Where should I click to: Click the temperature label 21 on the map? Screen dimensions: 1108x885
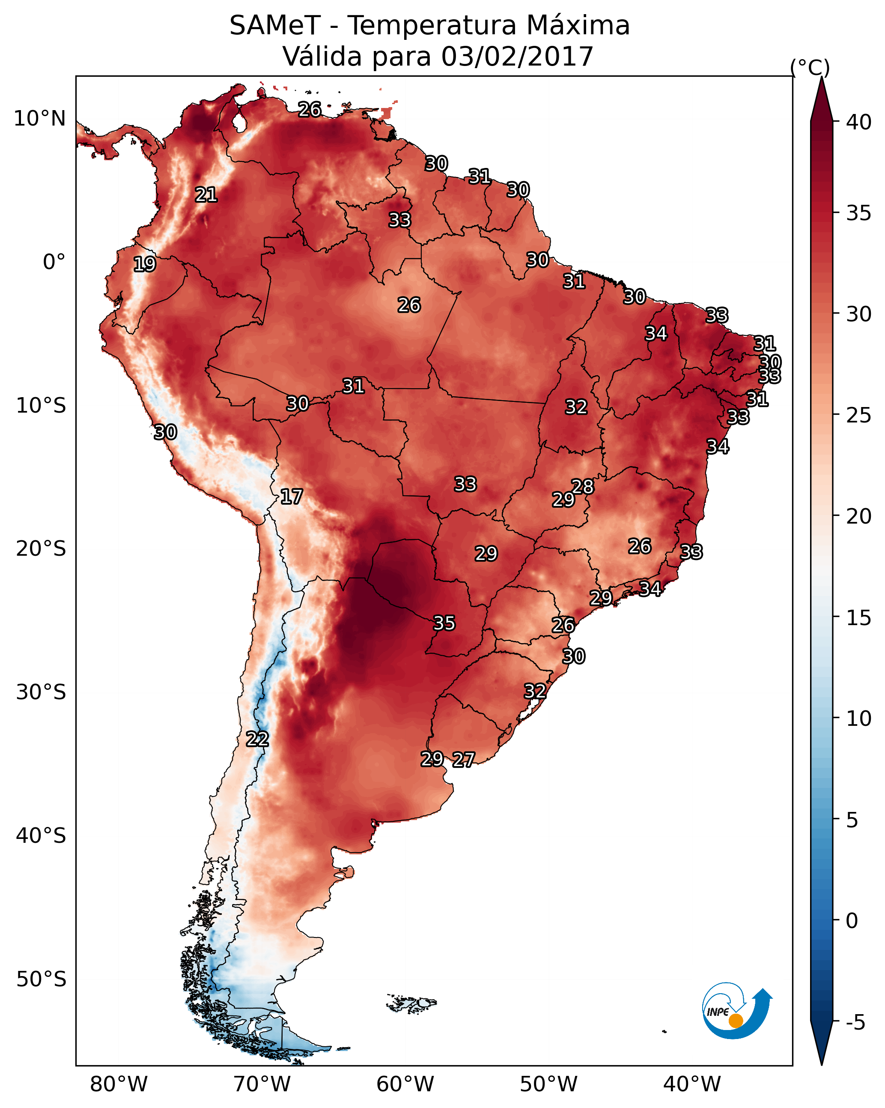pyautogui.click(x=206, y=195)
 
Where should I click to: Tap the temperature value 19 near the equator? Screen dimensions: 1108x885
pyautogui.click(x=144, y=264)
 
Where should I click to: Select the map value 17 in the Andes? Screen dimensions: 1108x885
pyautogui.click(x=291, y=497)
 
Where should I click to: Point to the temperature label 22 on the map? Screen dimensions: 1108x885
pyautogui.click(x=257, y=739)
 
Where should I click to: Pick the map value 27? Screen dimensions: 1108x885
pyautogui.click(x=463, y=760)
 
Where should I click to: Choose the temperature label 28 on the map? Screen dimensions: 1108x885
pyautogui.click(x=582, y=486)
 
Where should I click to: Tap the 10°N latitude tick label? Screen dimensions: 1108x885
pyautogui.click(x=39, y=119)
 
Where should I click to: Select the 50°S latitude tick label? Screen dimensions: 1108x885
pyautogui.click(x=41, y=979)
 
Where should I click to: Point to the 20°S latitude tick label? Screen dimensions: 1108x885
pyautogui.click(x=41, y=549)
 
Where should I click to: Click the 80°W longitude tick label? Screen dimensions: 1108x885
pyautogui.click(x=119, y=1084)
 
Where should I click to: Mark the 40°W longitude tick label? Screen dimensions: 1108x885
pyautogui.click(x=692, y=1084)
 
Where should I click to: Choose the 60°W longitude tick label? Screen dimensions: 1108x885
pyautogui.click(x=405, y=1084)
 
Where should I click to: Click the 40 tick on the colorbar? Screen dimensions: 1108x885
pyautogui.click(x=859, y=122)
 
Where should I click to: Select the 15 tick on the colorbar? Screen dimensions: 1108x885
pyautogui.click(x=859, y=618)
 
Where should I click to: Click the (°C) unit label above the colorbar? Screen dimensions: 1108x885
pyautogui.click(x=810, y=67)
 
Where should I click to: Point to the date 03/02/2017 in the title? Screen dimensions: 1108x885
pyautogui.click(x=517, y=56)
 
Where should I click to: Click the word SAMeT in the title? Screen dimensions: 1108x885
pyautogui.click(x=275, y=25)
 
